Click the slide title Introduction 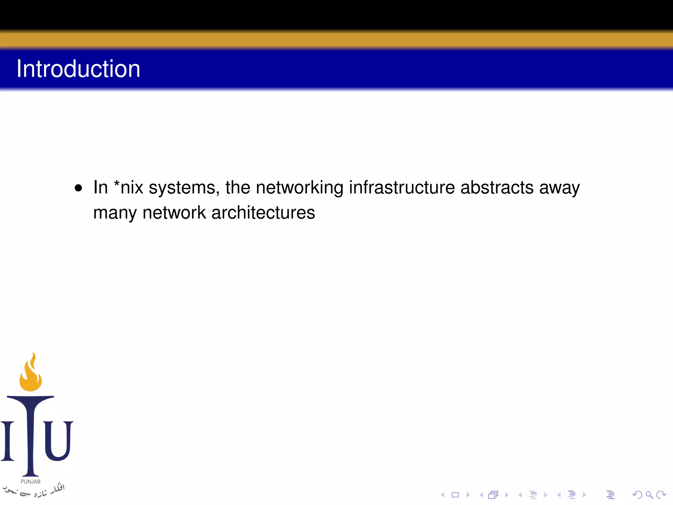(x=78, y=69)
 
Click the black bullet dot (x=78, y=188)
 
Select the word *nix (x=128, y=187)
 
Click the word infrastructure (x=402, y=187)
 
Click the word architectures (x=263, y=213)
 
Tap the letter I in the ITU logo (x=8, y=441)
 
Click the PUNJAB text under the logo (x=31, y=482)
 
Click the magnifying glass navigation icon (x=649, y=495)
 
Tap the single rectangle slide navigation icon (x=455, y=495)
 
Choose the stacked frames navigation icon (x=493, y=495)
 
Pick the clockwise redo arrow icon (x=661, y=495)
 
